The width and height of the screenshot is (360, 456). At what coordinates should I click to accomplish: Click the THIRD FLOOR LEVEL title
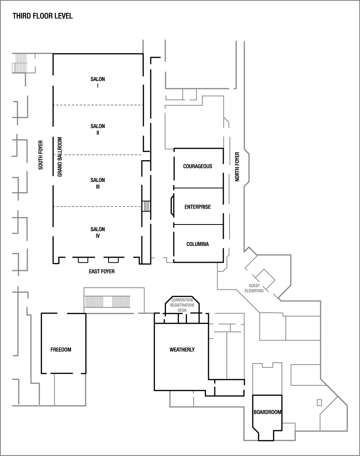pos(43,16)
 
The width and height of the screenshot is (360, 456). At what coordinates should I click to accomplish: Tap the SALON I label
pos(98,82)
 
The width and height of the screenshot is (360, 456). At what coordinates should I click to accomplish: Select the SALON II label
pos(98,129)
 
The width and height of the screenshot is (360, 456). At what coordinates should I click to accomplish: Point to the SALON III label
pos(98,183)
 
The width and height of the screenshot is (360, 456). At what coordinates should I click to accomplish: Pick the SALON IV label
pos(98,233)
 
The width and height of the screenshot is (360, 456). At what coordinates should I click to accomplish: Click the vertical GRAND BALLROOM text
pos(60,157)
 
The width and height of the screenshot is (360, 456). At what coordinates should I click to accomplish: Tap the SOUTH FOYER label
pos(40,155)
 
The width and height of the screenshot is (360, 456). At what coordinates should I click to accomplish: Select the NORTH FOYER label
pos(237,167)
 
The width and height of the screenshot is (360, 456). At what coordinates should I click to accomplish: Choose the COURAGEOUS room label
pos(198,166)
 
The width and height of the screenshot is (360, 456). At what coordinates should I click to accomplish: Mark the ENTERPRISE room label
pos(198,207)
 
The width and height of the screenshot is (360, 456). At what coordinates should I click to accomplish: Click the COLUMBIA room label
pos(198,244)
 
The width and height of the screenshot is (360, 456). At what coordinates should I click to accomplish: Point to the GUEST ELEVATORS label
pos(254,288)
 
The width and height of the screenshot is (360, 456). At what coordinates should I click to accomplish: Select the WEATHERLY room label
pos(182,349)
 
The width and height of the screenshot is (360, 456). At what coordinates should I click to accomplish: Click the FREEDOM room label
pos(61,349)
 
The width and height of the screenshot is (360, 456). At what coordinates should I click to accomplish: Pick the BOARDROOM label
pos(267,412)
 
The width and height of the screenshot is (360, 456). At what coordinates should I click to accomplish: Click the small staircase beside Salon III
pos(146,206)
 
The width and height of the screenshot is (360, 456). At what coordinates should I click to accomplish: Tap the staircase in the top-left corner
pos(20,62)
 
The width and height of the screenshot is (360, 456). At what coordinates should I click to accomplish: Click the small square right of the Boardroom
pos(319,402)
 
